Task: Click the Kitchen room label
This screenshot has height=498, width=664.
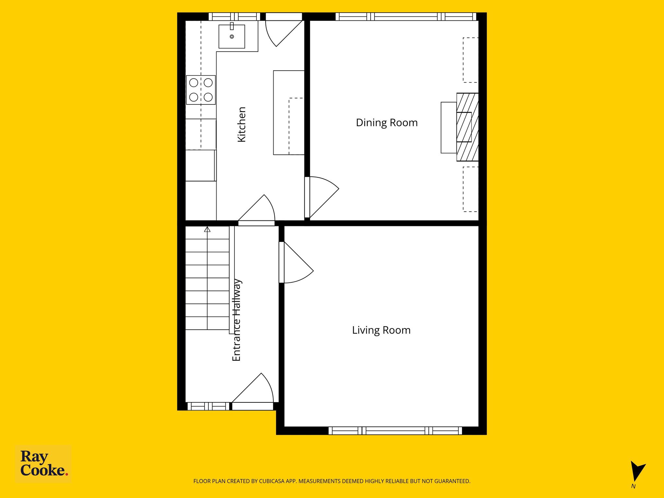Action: [242, 124]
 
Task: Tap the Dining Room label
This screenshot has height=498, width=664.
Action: [387, 123]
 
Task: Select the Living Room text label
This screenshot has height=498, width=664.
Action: [381, 330]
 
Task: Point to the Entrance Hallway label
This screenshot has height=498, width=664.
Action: [237, 320]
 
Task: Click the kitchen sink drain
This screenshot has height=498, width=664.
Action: [232, 37]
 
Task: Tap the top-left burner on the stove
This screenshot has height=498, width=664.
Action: [194, 83]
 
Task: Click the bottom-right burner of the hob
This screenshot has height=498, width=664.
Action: [208, 97]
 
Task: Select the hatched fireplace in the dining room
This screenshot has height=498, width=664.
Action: [468, 127]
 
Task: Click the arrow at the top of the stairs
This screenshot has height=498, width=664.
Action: [207, 230]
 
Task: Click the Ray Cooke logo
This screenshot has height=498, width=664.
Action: [43, 464]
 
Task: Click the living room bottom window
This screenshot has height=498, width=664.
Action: [395, 431]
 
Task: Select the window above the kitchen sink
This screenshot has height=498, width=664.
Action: [234, 17]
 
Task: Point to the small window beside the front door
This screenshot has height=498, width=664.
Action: [208, 406]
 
